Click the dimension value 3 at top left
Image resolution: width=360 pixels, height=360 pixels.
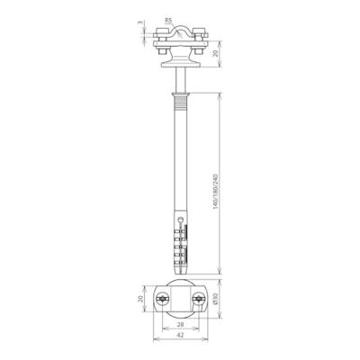coord(141,23)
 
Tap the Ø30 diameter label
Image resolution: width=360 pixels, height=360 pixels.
coord(218,300)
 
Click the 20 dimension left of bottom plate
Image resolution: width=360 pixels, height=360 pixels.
coord(141,300)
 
